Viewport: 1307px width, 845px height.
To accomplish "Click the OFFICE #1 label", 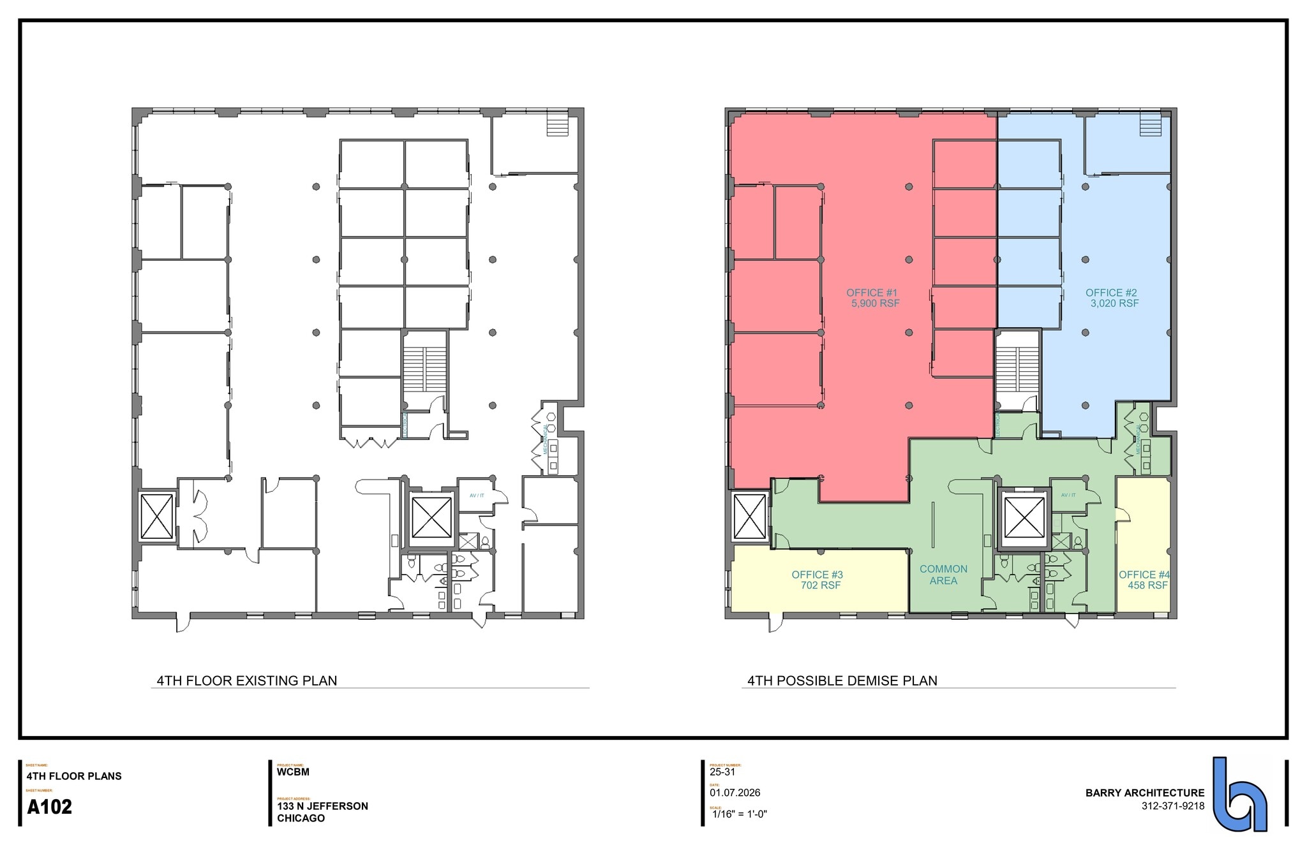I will click(872, 293).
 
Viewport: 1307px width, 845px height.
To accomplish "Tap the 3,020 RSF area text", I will click(1114, 304).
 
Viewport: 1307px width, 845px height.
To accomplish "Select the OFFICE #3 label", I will click(817, 575).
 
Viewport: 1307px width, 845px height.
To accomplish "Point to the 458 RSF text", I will click(1147, 585).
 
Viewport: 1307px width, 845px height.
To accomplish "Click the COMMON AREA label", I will click(943, 575).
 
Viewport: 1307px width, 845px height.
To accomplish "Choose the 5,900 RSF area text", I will click(875, 304).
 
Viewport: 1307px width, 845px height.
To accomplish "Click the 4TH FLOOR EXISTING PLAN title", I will click(247, 680).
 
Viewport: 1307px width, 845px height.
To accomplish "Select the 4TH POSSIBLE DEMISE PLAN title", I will click(842, 680).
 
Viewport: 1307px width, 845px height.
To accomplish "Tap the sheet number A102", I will click(50, 807).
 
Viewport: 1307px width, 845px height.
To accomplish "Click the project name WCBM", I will click(293, 772).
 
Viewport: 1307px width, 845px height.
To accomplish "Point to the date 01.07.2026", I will click(735, 793).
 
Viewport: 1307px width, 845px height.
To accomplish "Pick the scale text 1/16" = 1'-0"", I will click(739, 814).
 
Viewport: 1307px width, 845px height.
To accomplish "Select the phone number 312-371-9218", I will click(1173, 806).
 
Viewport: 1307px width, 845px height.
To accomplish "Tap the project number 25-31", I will click(722, 772).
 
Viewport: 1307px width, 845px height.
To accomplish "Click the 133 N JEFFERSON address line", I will click(322, 806).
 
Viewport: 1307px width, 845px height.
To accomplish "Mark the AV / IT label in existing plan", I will click(477, 496).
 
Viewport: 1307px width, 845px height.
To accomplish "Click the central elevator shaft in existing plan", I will click(431, 517).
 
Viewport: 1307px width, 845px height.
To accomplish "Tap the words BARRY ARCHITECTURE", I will click(1145, 793).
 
